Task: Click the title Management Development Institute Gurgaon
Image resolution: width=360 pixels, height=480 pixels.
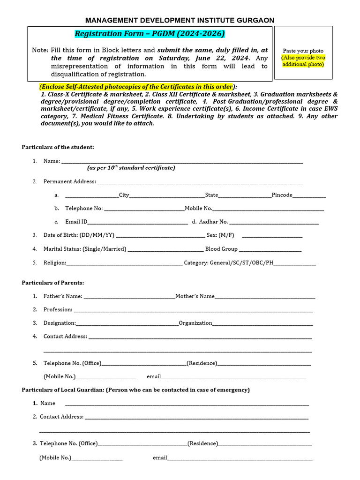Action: pos(180,20)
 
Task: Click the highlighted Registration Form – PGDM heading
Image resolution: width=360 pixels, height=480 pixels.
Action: pos(150,34)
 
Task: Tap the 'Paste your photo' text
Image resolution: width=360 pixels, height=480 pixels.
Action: pos(303,51)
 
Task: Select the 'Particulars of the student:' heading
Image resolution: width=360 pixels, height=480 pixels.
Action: pos(58,147)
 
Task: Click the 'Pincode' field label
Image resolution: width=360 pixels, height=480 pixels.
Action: pos(282,195)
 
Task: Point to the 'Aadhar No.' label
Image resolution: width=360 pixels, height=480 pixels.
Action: pos(213,222)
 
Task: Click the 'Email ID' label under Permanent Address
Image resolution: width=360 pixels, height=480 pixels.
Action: pos(76,222)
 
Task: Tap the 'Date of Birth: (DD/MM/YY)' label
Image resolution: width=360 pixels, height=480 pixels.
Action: pos(79,235)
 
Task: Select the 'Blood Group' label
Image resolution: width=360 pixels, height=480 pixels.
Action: pos(221,249)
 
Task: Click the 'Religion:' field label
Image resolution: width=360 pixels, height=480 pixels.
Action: pos(55,262)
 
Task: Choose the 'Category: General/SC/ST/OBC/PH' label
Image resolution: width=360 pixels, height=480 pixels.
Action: pos(228,262)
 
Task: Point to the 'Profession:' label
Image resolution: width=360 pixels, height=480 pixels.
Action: pos(58,309)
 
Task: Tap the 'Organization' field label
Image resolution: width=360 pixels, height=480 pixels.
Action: pos(195,323)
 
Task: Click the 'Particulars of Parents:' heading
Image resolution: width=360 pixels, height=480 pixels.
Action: pos(53,283)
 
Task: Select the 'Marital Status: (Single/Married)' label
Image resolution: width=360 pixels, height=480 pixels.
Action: pos(85,249)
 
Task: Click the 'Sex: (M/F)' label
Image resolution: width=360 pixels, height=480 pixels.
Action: pos(220,235)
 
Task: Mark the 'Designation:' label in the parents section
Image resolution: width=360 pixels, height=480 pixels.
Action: pos(60,323)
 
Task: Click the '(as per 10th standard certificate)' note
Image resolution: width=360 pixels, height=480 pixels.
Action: pos(131,168)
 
